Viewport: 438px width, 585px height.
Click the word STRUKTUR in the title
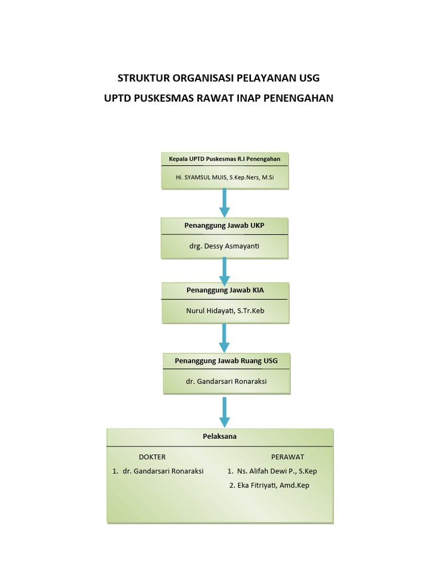[x=140, y=78]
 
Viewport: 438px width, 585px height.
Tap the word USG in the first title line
[x=309, y=78]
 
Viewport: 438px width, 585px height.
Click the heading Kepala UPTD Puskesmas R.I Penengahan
[x=225, y=159]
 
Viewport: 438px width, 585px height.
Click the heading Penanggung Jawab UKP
[x=224, y=226]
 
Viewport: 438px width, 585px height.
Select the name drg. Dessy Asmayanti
[x=224, y=246]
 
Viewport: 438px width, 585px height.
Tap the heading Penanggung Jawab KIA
[x=225, y=290]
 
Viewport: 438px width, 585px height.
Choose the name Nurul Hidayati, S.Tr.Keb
[x=225, y=311]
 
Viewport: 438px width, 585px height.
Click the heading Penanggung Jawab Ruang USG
[x=226, y=360]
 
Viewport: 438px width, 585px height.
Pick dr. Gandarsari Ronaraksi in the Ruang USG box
[x=226, y=381]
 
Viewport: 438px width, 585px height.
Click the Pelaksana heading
[x=220, y=436]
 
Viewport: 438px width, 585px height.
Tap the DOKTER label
[x=152, y=457]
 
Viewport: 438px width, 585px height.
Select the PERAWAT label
[x=287, y=457]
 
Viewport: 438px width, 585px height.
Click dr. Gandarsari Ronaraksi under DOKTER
[x=163, y=471]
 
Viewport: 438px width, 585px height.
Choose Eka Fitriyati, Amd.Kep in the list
[x=273, y=486]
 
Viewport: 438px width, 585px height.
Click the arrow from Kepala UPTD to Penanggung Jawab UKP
[x=224, y=203]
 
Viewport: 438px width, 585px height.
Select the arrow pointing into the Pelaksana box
[x=224, y=412]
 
